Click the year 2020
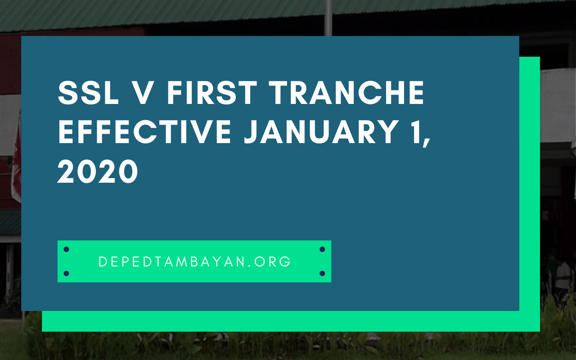point(98,171)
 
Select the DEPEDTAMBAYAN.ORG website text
point(195,262)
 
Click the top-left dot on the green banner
point(66,249)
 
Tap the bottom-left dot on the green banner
point(66,273)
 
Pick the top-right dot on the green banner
point(322,249)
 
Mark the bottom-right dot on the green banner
point(322,273)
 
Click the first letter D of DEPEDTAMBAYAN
point(102,262)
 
